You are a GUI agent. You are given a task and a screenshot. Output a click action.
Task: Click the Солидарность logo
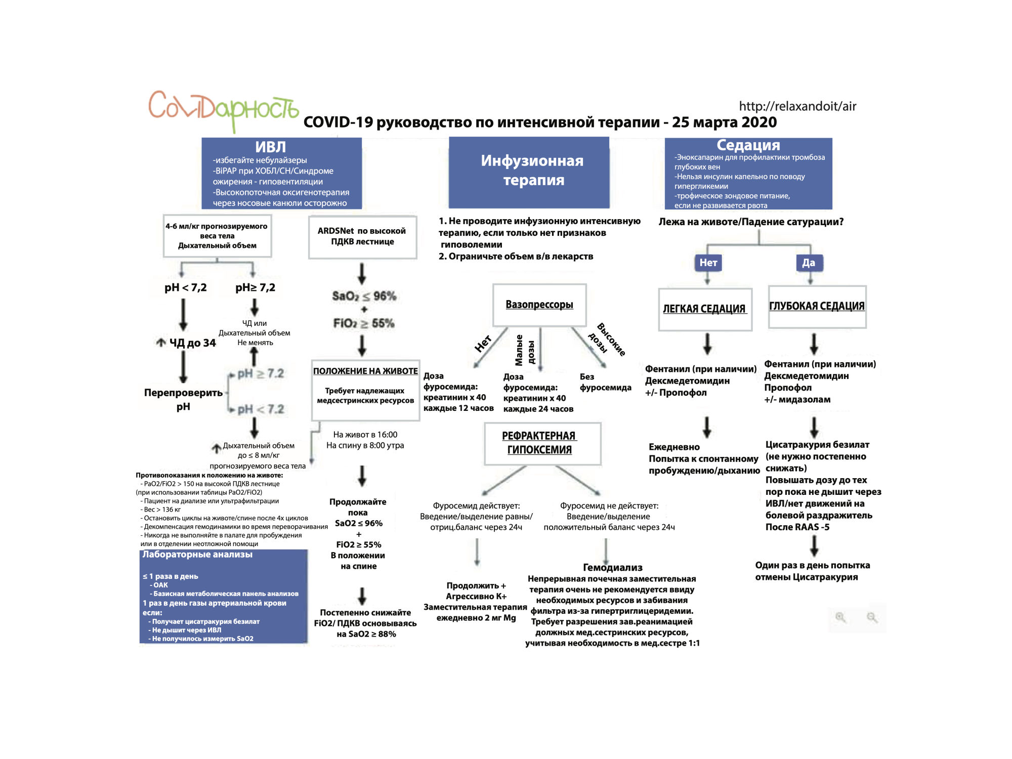pyautogui.click(x=223, y=109)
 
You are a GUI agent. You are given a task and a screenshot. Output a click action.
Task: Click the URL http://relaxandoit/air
pyautogui.click(x=797, y=106)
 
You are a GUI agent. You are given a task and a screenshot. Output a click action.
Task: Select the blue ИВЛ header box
pyautogui.click(x=281, y=173)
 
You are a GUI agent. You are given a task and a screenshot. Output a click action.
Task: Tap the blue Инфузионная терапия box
pyautogui.click(x=529, y=172)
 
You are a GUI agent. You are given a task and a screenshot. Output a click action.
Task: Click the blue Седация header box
pyautogui.click(x=748, y=173)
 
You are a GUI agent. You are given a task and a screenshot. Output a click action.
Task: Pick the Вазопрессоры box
pyautogui.click(x=539, y=305)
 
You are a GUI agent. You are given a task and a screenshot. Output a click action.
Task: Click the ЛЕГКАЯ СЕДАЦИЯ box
pyautogui.click(x=704, y=309)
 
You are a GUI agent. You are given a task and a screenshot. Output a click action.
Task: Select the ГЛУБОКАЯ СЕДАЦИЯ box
pyautogui.click(x=817, y=307)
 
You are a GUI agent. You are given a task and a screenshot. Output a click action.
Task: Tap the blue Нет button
pyautogui.click(x=708, y=263)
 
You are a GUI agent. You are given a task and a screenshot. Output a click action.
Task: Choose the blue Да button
pyautogui.click(x=808, y=263)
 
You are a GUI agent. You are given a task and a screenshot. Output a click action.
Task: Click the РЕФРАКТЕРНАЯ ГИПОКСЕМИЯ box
pyautogui.click(x=539, y=443)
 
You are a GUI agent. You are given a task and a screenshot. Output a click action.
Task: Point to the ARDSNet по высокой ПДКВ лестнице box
pyautogui.click(x=362, y=236)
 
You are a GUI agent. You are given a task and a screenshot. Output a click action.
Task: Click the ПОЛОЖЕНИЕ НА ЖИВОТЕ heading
pyautogui.click(x=365, y=371)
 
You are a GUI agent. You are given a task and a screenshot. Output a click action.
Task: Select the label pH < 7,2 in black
pyautogui.click(x=185, y=287)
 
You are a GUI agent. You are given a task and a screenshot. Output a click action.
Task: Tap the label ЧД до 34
pyautogui.click(x=192, y=343)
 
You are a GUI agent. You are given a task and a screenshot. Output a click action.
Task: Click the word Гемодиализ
pyautogui.click(x=612, y=567)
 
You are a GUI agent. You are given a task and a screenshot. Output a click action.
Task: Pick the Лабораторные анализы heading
pyautogui.click(x=197, y=555)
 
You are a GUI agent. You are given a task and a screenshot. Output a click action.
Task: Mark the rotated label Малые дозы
pyautogui.click(x=525, y=350)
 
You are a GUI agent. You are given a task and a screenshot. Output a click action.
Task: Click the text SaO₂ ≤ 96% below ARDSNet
pyautogui.click(x=364, y=296)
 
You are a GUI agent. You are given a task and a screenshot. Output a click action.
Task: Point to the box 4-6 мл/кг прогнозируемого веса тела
pyautogui.click(x=217, y=236)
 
